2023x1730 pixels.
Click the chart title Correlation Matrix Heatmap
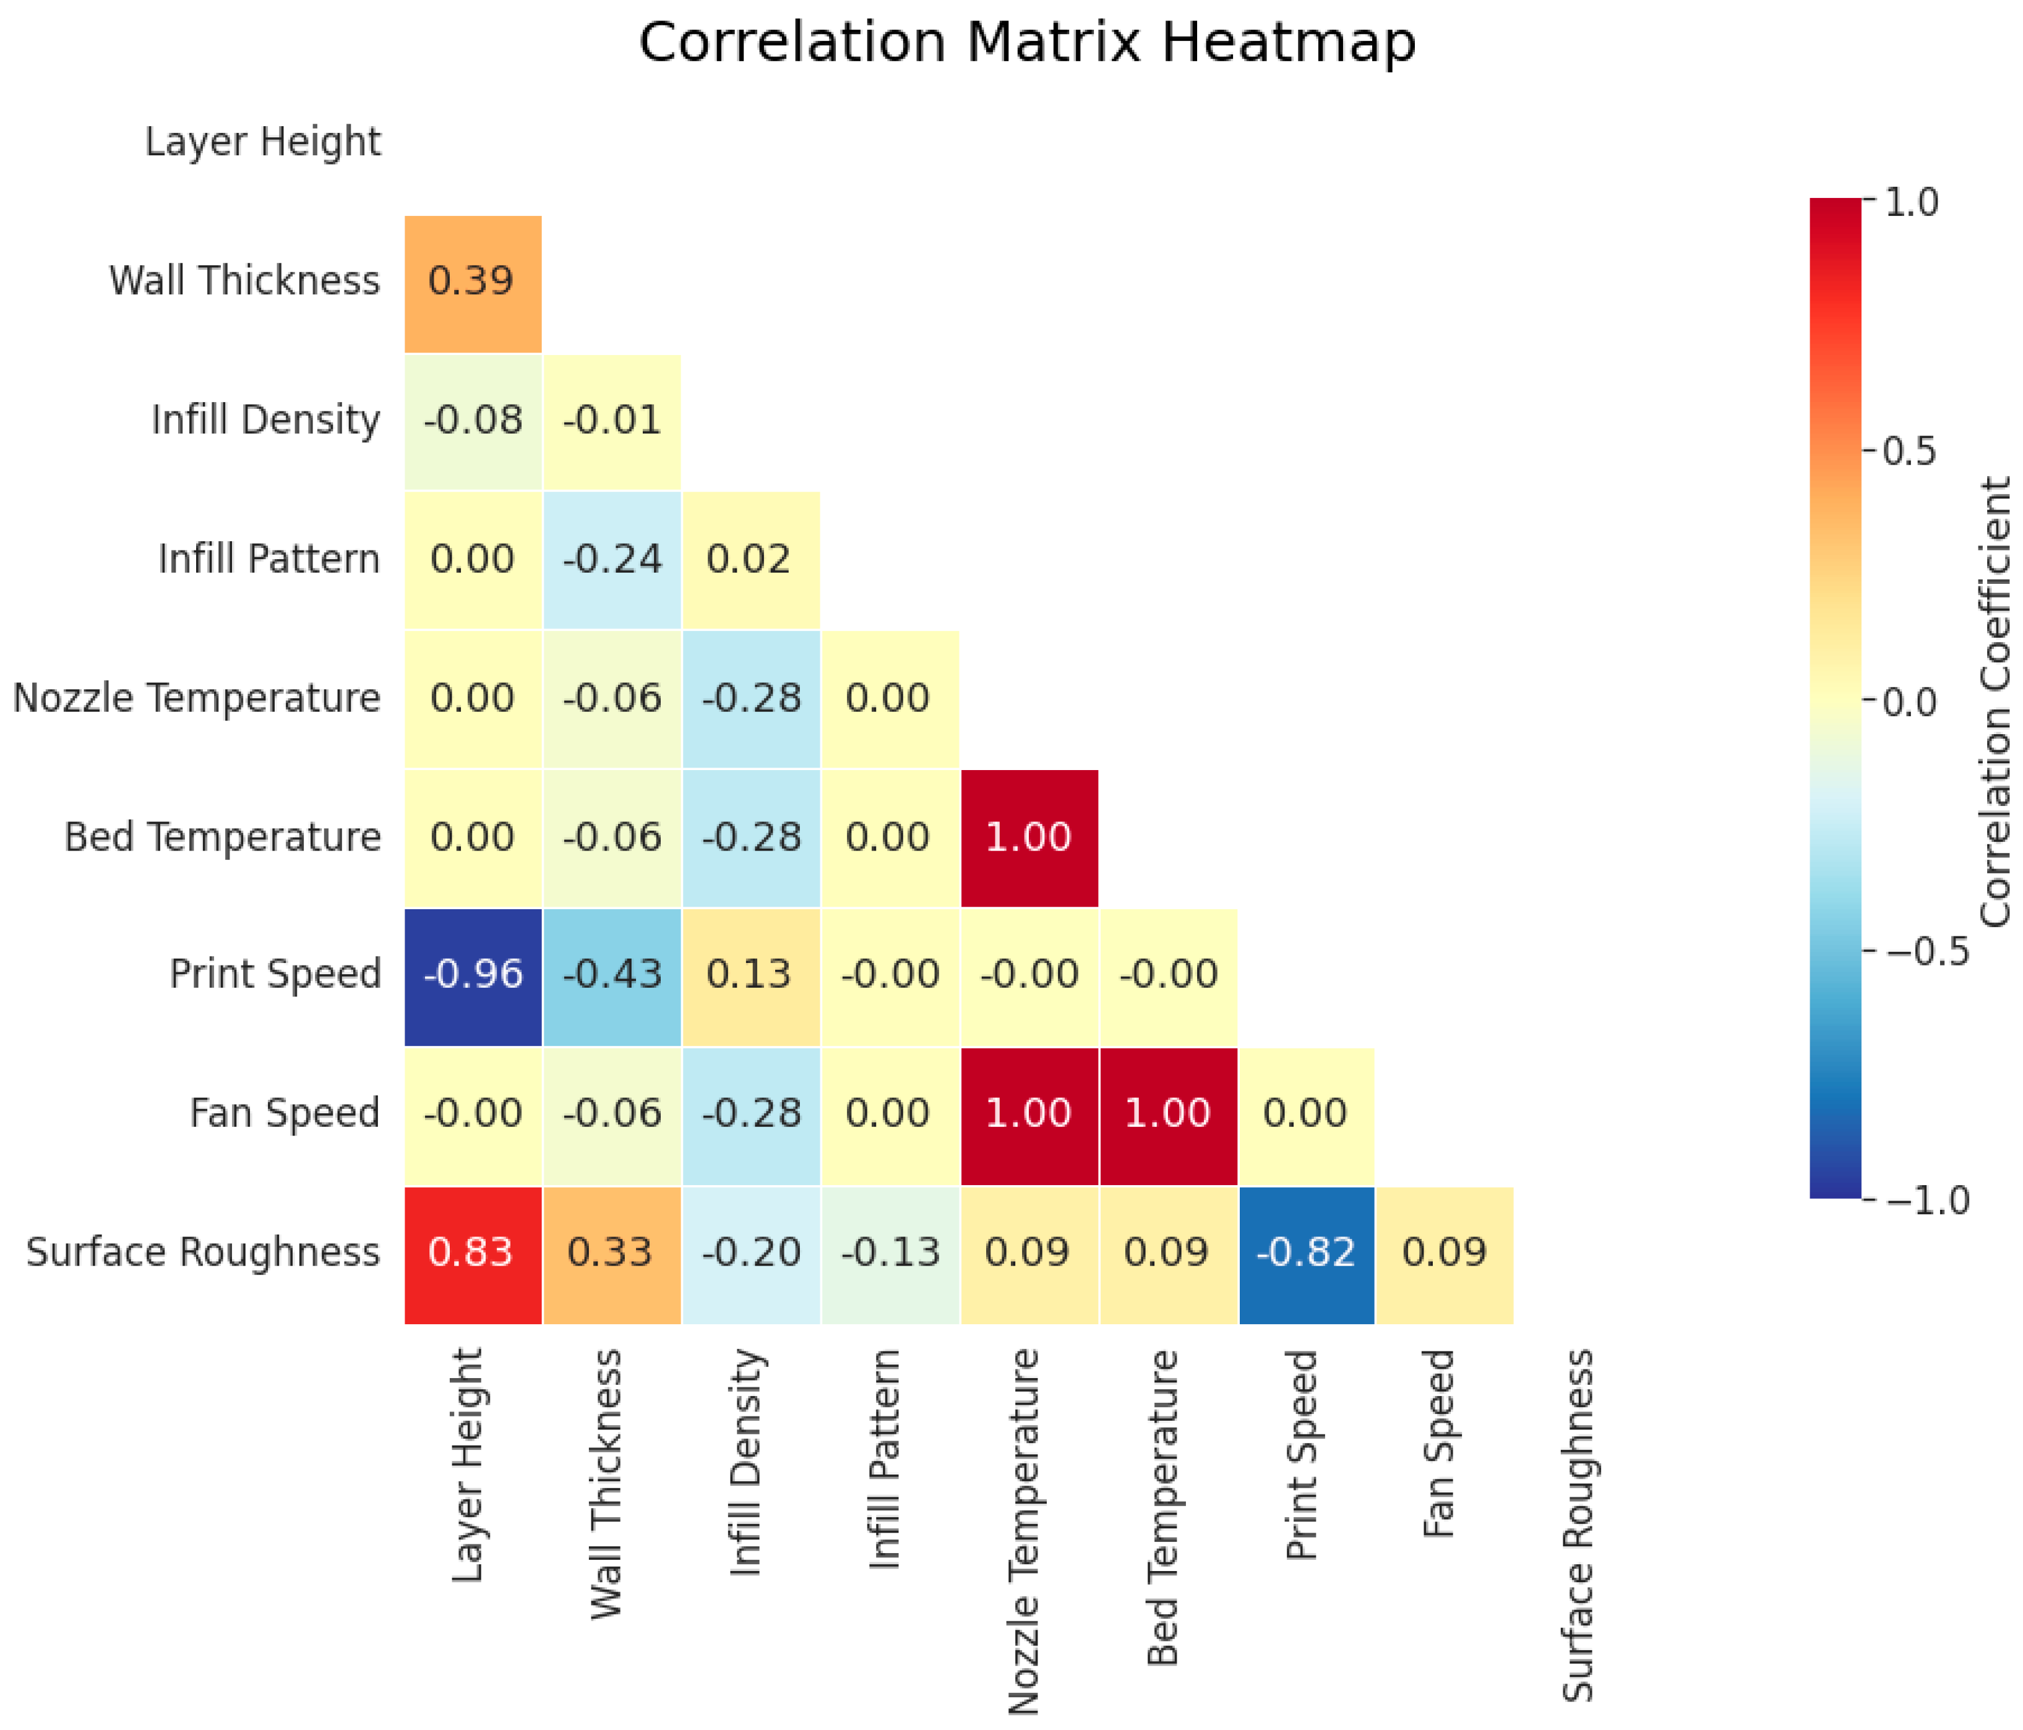pos(1026,43)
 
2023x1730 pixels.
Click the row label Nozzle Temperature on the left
pos(196,699)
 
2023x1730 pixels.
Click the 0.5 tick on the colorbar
pos(1909,452)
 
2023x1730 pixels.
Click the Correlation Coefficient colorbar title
pos(1995,701)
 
